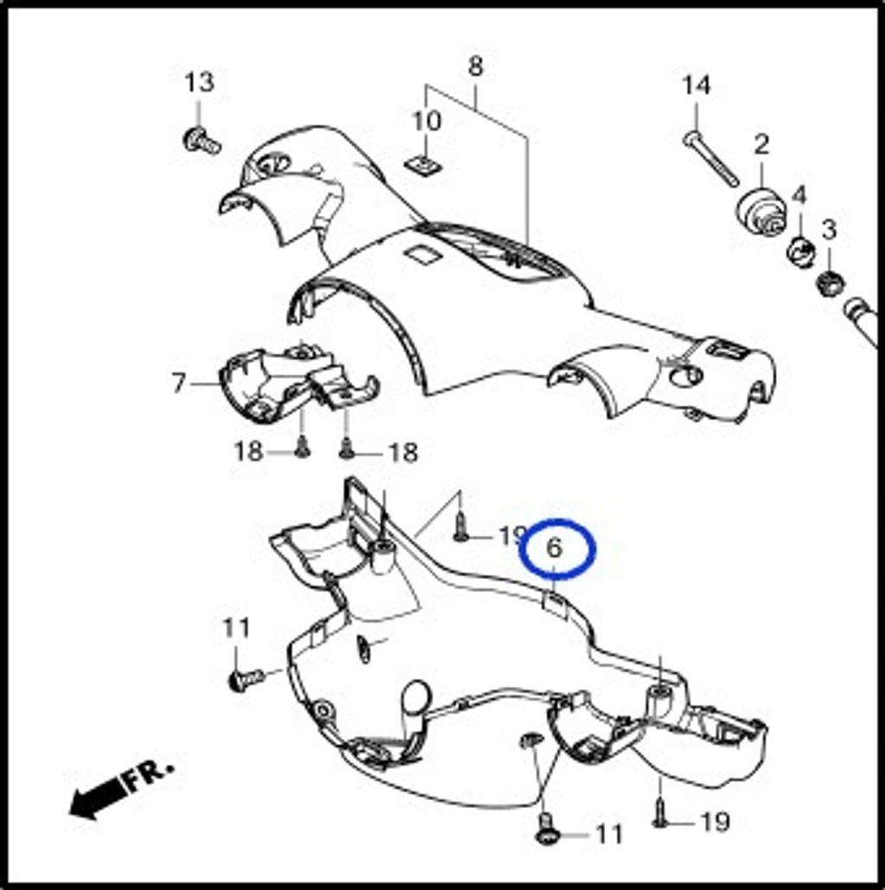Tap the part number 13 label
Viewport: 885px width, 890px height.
(200, 82)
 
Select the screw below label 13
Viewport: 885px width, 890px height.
(201, 140)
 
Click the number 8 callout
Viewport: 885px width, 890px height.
(475, 67)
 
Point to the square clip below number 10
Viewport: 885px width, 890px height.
(424, 164)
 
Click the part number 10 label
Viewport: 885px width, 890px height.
(426, 121)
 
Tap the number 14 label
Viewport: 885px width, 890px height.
(696, 86)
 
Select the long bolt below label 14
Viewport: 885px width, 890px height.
(710, 158)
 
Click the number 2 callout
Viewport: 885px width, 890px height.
(761, 144)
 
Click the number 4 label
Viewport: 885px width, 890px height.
(799, 195)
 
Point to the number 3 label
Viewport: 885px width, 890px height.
(830, 230)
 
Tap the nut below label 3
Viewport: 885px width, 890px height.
(830, 282)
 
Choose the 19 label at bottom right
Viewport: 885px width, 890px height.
(715, 822)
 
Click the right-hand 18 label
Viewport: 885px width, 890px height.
(403, 453)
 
